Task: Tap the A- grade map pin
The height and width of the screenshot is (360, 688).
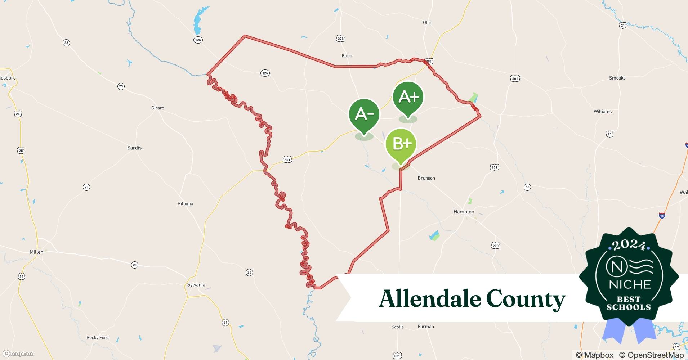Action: click(x=364, y=115)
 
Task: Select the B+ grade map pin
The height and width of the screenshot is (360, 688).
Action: click(x=401, y=144)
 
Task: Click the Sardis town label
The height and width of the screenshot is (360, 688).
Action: click(x=134, y=148)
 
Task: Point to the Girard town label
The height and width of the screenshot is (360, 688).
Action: click(x=158, y=108)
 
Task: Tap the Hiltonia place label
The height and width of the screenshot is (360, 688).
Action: click(x=185, y=204)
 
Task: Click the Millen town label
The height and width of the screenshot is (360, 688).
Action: click(x=36, y=252)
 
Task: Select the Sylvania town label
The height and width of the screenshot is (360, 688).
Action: click(x=196, y=285)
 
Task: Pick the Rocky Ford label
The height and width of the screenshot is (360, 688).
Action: click(x=97, y=338)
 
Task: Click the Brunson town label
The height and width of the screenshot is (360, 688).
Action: click(x=426, y=178)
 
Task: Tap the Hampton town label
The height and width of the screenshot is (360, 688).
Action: click(x=464, y=212)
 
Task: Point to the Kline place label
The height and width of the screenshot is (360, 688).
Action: click(x=347, y=56)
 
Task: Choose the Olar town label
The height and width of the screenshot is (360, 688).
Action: click(x=427, y=23)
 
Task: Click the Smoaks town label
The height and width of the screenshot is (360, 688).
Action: click(x=617, y=78)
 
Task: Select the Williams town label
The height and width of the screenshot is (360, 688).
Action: click(x=603, y=112)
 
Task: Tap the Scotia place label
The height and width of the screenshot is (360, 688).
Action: click(x=397, y=327)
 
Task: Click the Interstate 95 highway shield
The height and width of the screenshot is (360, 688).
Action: click(x=662, y=216)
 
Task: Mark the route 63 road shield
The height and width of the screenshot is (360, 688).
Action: click(x=527, y=187)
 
